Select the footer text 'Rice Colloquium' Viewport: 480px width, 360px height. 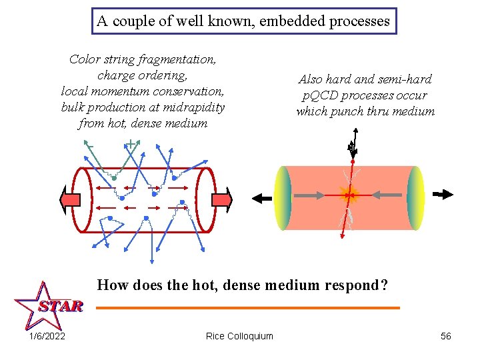tap(239, 336)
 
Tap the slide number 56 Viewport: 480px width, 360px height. tap(446, 336)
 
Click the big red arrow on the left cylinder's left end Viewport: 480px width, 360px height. tap(70, 199)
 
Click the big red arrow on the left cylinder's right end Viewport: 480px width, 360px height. tap(222, 199)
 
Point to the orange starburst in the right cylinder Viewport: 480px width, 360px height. tap(348, 195)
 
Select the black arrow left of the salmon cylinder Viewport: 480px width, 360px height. tap(261, 197)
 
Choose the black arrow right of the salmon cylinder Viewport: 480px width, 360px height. tap(442, 195)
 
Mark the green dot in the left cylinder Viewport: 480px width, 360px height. tap(114, 179)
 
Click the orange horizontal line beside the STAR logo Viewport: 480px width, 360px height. tap(247, 308)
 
